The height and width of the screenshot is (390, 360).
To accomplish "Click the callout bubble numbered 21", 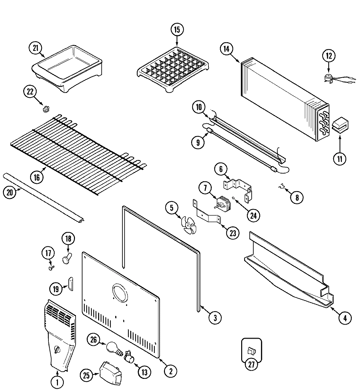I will (x=35, y=48).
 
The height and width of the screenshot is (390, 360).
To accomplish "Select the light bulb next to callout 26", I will (x=112, y=347).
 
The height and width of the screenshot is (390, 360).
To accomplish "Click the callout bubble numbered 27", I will (x=251, y=365).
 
